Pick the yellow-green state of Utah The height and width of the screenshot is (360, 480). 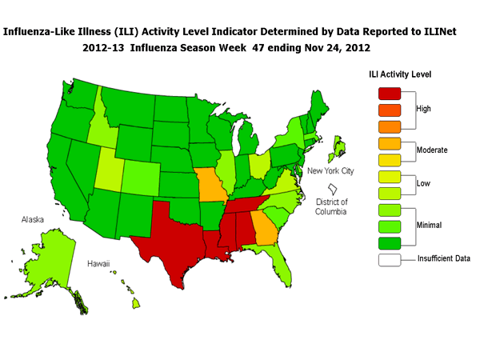pyautogui.click(x=108, y=168)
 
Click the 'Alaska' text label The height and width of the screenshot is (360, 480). pyautogui.click(x=33, y=218)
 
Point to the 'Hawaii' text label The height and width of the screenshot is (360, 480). pyautogui.click(x=98, y=262)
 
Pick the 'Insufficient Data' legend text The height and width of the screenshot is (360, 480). pyautogui.click(x=443, y=258)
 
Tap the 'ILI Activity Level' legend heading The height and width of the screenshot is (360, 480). pyautogui.click(x=400, y=74)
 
